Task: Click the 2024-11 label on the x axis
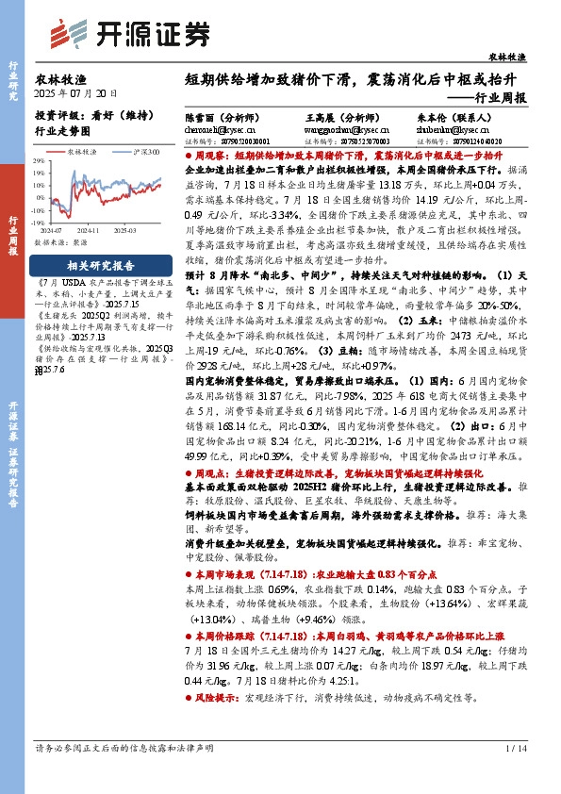click(91, 228)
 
